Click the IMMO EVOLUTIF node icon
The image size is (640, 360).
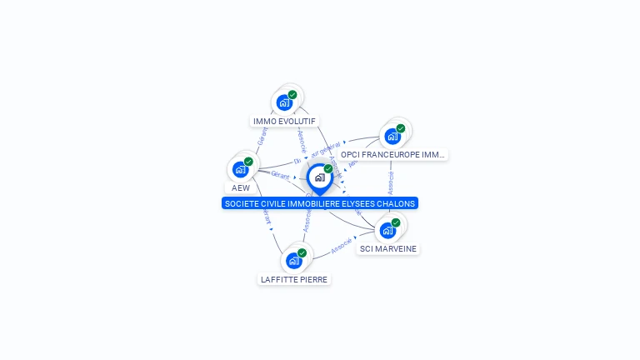285,103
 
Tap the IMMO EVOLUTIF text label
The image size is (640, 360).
284,121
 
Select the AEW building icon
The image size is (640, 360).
241,170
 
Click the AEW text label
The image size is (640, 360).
241,187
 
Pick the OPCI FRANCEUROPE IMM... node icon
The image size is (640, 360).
392,137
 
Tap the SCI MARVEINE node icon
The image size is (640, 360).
387,231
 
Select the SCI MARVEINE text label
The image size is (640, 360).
387,248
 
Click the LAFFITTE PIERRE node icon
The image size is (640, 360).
294,261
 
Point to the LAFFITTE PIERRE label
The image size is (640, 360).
294,279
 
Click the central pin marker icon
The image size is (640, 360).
319,177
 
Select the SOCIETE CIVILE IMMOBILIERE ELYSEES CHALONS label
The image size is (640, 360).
320,203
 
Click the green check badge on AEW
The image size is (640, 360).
248,162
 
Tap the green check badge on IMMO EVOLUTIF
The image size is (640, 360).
292,95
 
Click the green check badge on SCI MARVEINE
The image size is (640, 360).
396,222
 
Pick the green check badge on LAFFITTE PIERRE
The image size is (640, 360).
302,252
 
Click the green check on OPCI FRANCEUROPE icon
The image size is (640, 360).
401,128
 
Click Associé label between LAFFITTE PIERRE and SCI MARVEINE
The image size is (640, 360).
342,246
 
